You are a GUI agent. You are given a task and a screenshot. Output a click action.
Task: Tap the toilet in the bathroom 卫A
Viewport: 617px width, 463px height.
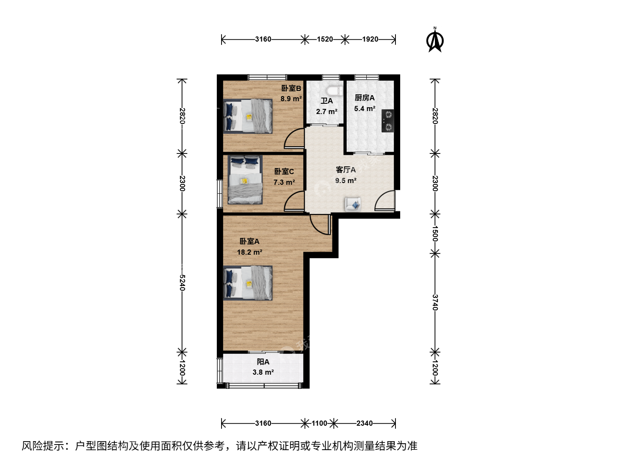pyautogui.click(x=335, y=91)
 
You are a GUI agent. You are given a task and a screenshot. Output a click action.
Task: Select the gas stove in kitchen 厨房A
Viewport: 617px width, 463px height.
pyautogui.click(x=387, y=121)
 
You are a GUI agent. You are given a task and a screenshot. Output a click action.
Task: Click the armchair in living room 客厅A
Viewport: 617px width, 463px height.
pyautogui.click(x=353, y=204)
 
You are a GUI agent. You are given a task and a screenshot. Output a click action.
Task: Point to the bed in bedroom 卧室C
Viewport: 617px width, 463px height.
pyautogui.click(x=245, y=180)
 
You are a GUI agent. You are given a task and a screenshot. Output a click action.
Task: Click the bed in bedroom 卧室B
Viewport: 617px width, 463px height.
pyautogui.click(x=248, y=116)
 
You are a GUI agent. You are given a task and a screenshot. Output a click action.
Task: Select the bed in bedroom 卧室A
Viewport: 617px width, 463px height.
pyautogui.click(x=248, y=283)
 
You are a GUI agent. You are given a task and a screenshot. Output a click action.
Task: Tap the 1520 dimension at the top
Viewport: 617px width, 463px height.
pyautogui.click(x=325, y=39)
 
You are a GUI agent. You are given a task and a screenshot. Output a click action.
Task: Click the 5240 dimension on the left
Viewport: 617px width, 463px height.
pyautogui.click(x=182, y=283)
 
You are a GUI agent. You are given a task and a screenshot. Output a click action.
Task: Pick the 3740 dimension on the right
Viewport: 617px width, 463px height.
pyautogui.click(x=435, y=303)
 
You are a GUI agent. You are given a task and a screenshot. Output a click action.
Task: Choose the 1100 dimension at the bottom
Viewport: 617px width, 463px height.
pyautogui.click(x=319, y=423)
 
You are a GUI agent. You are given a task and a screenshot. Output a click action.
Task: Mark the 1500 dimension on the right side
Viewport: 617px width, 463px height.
pyautogui.click(x=435, y=234)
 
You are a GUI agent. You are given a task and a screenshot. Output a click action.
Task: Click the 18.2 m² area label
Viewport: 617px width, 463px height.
pyautogui.click(x=250, y=252)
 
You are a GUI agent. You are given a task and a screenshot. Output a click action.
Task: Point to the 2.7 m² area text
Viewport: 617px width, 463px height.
pyautogui.click(x=326, y=111)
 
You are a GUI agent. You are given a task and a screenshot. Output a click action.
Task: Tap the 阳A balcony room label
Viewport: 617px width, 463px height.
pyautogui.click(x=263, y=362)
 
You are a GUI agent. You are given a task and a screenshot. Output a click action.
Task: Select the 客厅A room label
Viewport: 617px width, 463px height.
pyautogui.click(x=346, y=170)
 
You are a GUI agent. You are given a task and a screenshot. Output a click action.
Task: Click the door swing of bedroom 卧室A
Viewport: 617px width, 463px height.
pyautogui.click(x=320, y=225)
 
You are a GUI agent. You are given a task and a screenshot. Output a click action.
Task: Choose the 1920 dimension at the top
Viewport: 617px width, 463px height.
pyautogui.click(x=370, y=39)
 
